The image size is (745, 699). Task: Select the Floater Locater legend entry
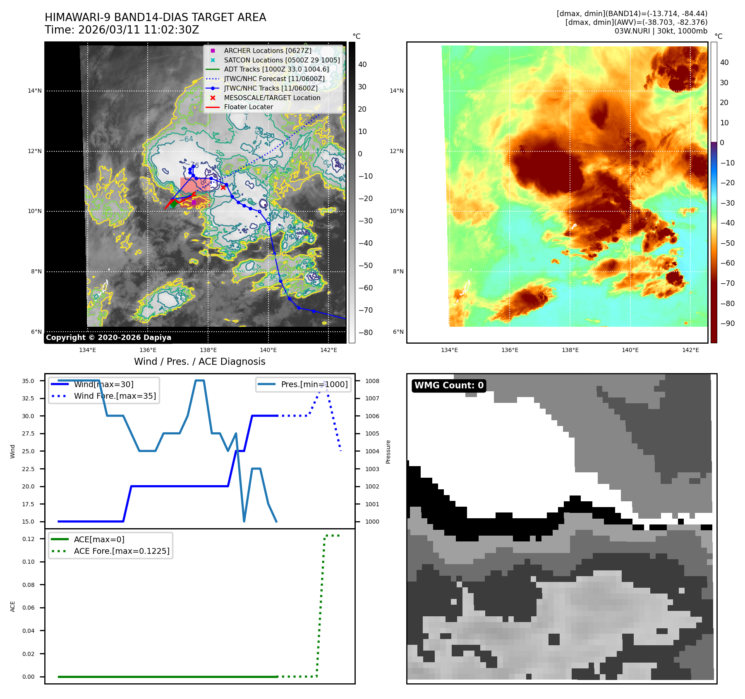tap(248, 107)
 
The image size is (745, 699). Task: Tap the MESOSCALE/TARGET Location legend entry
tap(272, 98)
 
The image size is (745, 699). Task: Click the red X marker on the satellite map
tap(223, 187)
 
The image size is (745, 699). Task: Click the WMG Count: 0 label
tap(449, 385)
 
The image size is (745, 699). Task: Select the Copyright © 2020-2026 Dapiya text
tap(108, 338)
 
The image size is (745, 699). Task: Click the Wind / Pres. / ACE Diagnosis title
tap(199, 361)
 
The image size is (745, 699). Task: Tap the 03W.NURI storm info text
tap(661, 31)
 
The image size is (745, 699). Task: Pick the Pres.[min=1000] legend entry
tap(314, 384)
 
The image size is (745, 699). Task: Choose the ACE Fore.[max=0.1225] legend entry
tap(121, 551)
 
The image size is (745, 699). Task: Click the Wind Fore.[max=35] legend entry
tap(115, 396)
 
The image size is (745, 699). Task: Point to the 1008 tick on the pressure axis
tap(372, 381)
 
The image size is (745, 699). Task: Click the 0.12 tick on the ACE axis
tap(29, 539)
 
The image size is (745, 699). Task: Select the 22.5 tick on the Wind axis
tap(28, 469)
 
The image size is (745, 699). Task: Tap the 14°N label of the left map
tap(35, 91)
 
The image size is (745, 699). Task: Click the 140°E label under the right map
tap(630, 350)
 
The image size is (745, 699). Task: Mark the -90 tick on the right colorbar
tap(727, 323)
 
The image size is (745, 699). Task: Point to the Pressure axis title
tap(388, 452)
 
